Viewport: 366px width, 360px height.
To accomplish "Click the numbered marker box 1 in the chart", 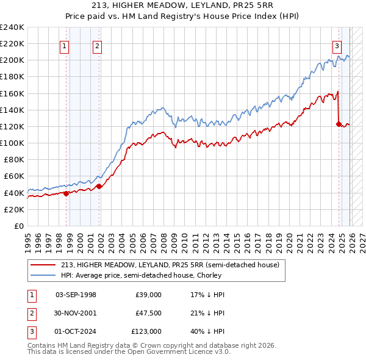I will [65, 45].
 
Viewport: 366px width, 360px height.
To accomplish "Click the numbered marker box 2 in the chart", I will [97, 45].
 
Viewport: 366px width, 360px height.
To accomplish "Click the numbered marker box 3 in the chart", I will [337, 45].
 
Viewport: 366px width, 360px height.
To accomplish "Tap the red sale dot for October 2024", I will [339, 124].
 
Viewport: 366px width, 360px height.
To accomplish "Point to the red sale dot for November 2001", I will [99, 186].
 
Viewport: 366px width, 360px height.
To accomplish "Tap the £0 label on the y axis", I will [18, 226].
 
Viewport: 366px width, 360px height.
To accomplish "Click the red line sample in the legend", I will [43, 265].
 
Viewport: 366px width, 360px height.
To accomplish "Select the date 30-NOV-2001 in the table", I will [76, 313].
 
